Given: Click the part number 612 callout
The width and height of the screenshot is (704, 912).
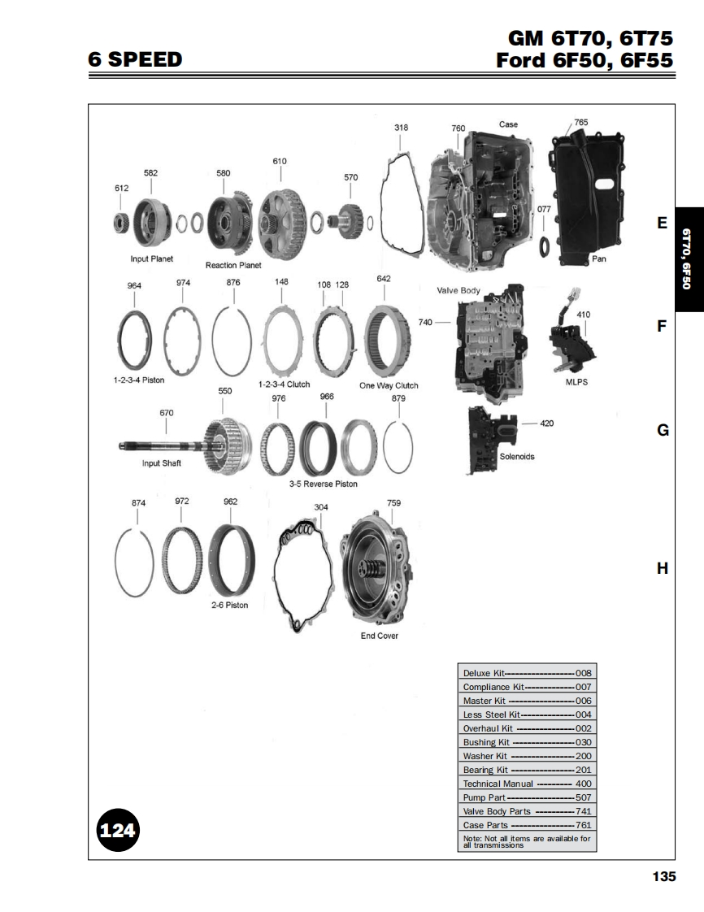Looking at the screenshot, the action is click(x=122, y=188).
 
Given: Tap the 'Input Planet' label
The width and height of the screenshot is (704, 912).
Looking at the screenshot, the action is click(x=152, y=258).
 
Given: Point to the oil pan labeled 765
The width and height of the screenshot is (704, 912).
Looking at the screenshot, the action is click(x=588, y=197).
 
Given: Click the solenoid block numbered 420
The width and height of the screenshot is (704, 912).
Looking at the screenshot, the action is click(x=491, y=441).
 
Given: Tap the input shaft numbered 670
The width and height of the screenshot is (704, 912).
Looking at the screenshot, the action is click(x=186, y=448).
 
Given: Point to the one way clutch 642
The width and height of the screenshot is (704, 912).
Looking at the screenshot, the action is click(x=385, y=340).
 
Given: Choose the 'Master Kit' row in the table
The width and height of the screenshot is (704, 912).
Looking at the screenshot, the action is click(x=527, y=701).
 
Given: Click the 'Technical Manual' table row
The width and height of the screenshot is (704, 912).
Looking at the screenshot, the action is click(x=527, y=784).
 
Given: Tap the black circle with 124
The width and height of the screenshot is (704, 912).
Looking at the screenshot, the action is click(x=118, y=830).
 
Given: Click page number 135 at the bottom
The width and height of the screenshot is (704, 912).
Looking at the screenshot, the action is click(x=664, y=876).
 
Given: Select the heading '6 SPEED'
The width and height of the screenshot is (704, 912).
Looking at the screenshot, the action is click(x=135, y=59).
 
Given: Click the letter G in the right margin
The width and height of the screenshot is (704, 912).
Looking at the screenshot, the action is click(x=663, y=430).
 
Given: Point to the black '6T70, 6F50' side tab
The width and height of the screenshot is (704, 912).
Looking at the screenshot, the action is click(x=689, y=259).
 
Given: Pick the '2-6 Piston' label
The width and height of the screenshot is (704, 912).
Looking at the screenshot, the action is click(x=230, y=606).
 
